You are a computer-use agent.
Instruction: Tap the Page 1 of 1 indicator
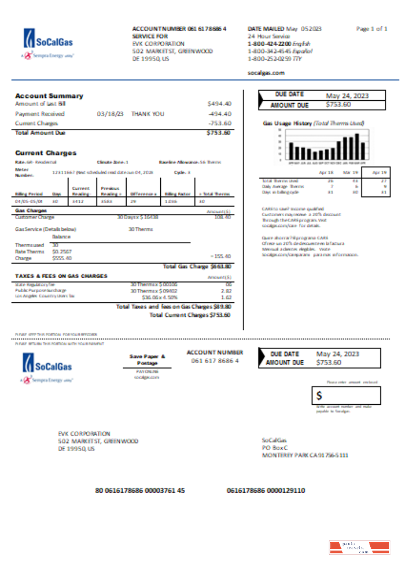click(x=372, y=29)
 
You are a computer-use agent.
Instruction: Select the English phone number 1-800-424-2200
click(x=269, y=43)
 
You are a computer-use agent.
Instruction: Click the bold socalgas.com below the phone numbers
click(x=266, y=73)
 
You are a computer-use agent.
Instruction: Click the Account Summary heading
click(x=49, y=96)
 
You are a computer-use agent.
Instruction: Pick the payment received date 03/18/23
click(x=110, y=114)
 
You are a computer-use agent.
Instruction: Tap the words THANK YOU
click(x=147, y=114)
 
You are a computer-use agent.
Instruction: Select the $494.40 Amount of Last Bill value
click(x=219, y=104)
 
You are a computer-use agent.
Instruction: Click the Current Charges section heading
click(x=46, y=153)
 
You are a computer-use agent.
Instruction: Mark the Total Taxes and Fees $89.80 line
click(x=173, y=307)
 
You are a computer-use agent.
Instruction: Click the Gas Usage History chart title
click(x=313, y=123)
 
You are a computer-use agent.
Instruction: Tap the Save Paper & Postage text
click(x=147, y=360)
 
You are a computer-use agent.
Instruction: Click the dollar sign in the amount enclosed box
click(x=319, y=396)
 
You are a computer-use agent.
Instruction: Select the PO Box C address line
click(x=274, y=448)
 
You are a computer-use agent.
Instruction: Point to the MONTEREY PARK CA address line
click(x=305, y=455)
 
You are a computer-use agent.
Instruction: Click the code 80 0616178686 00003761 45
click(x=140, y=490)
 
